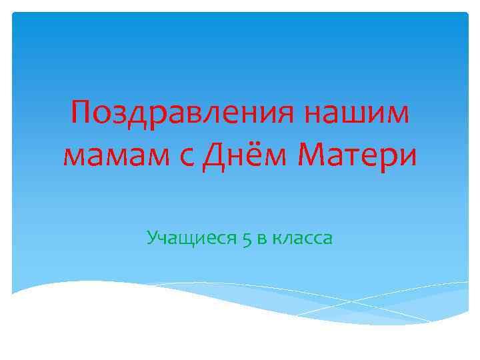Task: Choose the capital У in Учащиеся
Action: pyautogui.click(x=152, y=237)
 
